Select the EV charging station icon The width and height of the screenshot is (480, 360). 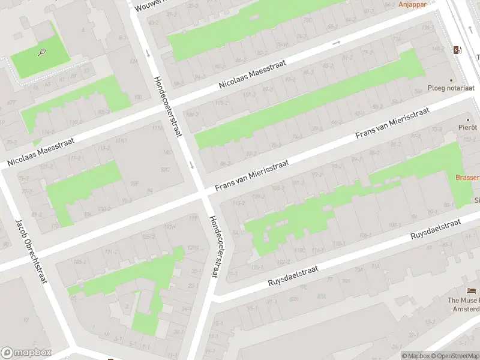pyautogui.click(x=458, y=50)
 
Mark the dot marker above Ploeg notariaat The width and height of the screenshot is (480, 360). pyautogui.click(x=451, y=79)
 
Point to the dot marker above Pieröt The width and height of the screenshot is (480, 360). pyautogui.click(x=467, y=119)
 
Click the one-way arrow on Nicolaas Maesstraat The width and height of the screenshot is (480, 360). pyautogui.click(x=336, y=43)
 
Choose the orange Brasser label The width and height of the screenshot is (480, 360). pyautogui.click(x=467, y=177)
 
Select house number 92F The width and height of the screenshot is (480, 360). pyautogui.click(x=135, y=184)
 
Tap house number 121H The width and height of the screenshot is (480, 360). pyautogui.click(x=170, y=226)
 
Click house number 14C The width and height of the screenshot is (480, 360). pyautogui.click(x=167, y=152)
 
